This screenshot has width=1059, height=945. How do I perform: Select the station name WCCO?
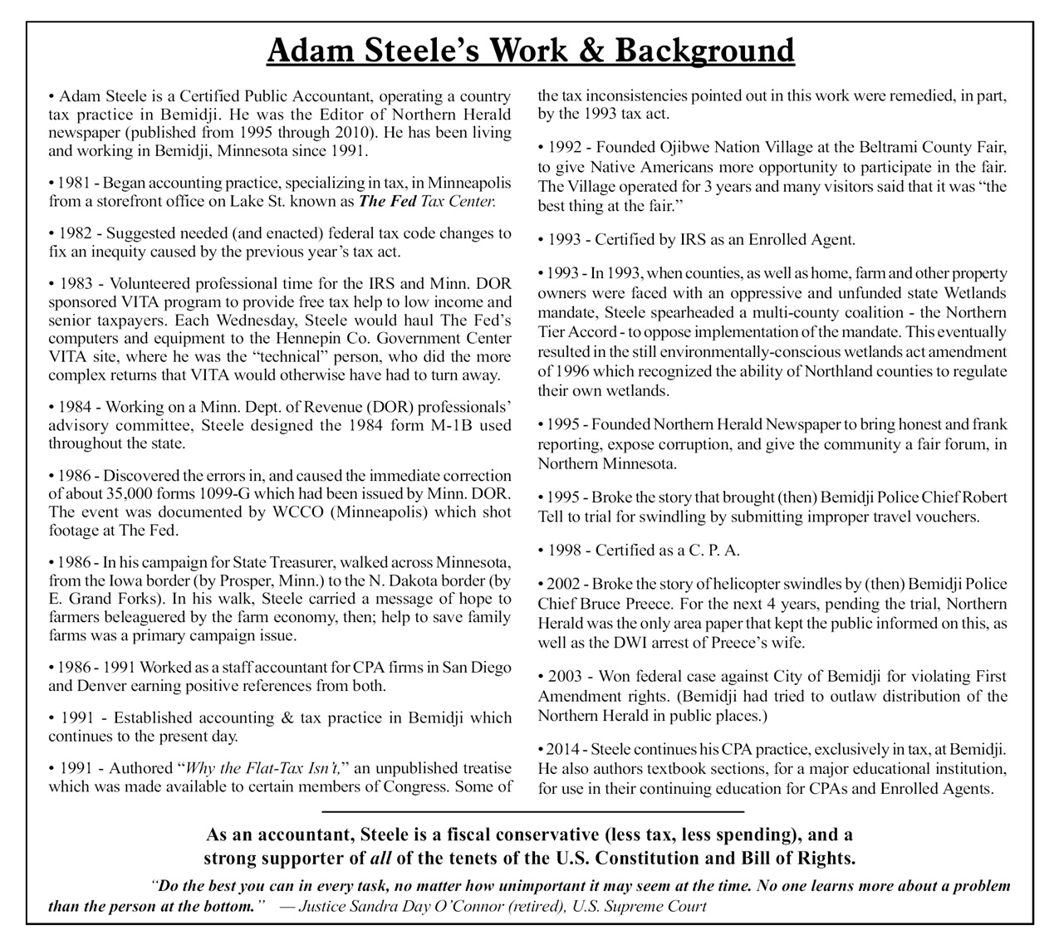(297, 512)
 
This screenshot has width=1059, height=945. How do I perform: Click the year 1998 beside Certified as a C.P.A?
(565, 551)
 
